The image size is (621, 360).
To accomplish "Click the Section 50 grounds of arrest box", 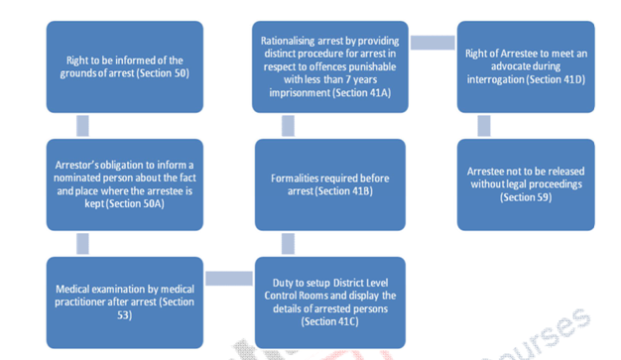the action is click(125, 66).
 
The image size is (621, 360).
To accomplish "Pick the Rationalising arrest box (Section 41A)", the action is click(328, 66).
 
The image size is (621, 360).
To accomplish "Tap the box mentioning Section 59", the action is click(526, 183).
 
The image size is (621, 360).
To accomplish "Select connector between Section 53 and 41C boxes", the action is click(228, 281).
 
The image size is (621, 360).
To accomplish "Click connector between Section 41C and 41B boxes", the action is click(288, 242).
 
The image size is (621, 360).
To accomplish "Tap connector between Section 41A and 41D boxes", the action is click(434, 42).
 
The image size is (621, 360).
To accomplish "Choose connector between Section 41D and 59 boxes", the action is click(483, 125).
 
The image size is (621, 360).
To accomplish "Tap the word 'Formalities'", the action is click(295, 179).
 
